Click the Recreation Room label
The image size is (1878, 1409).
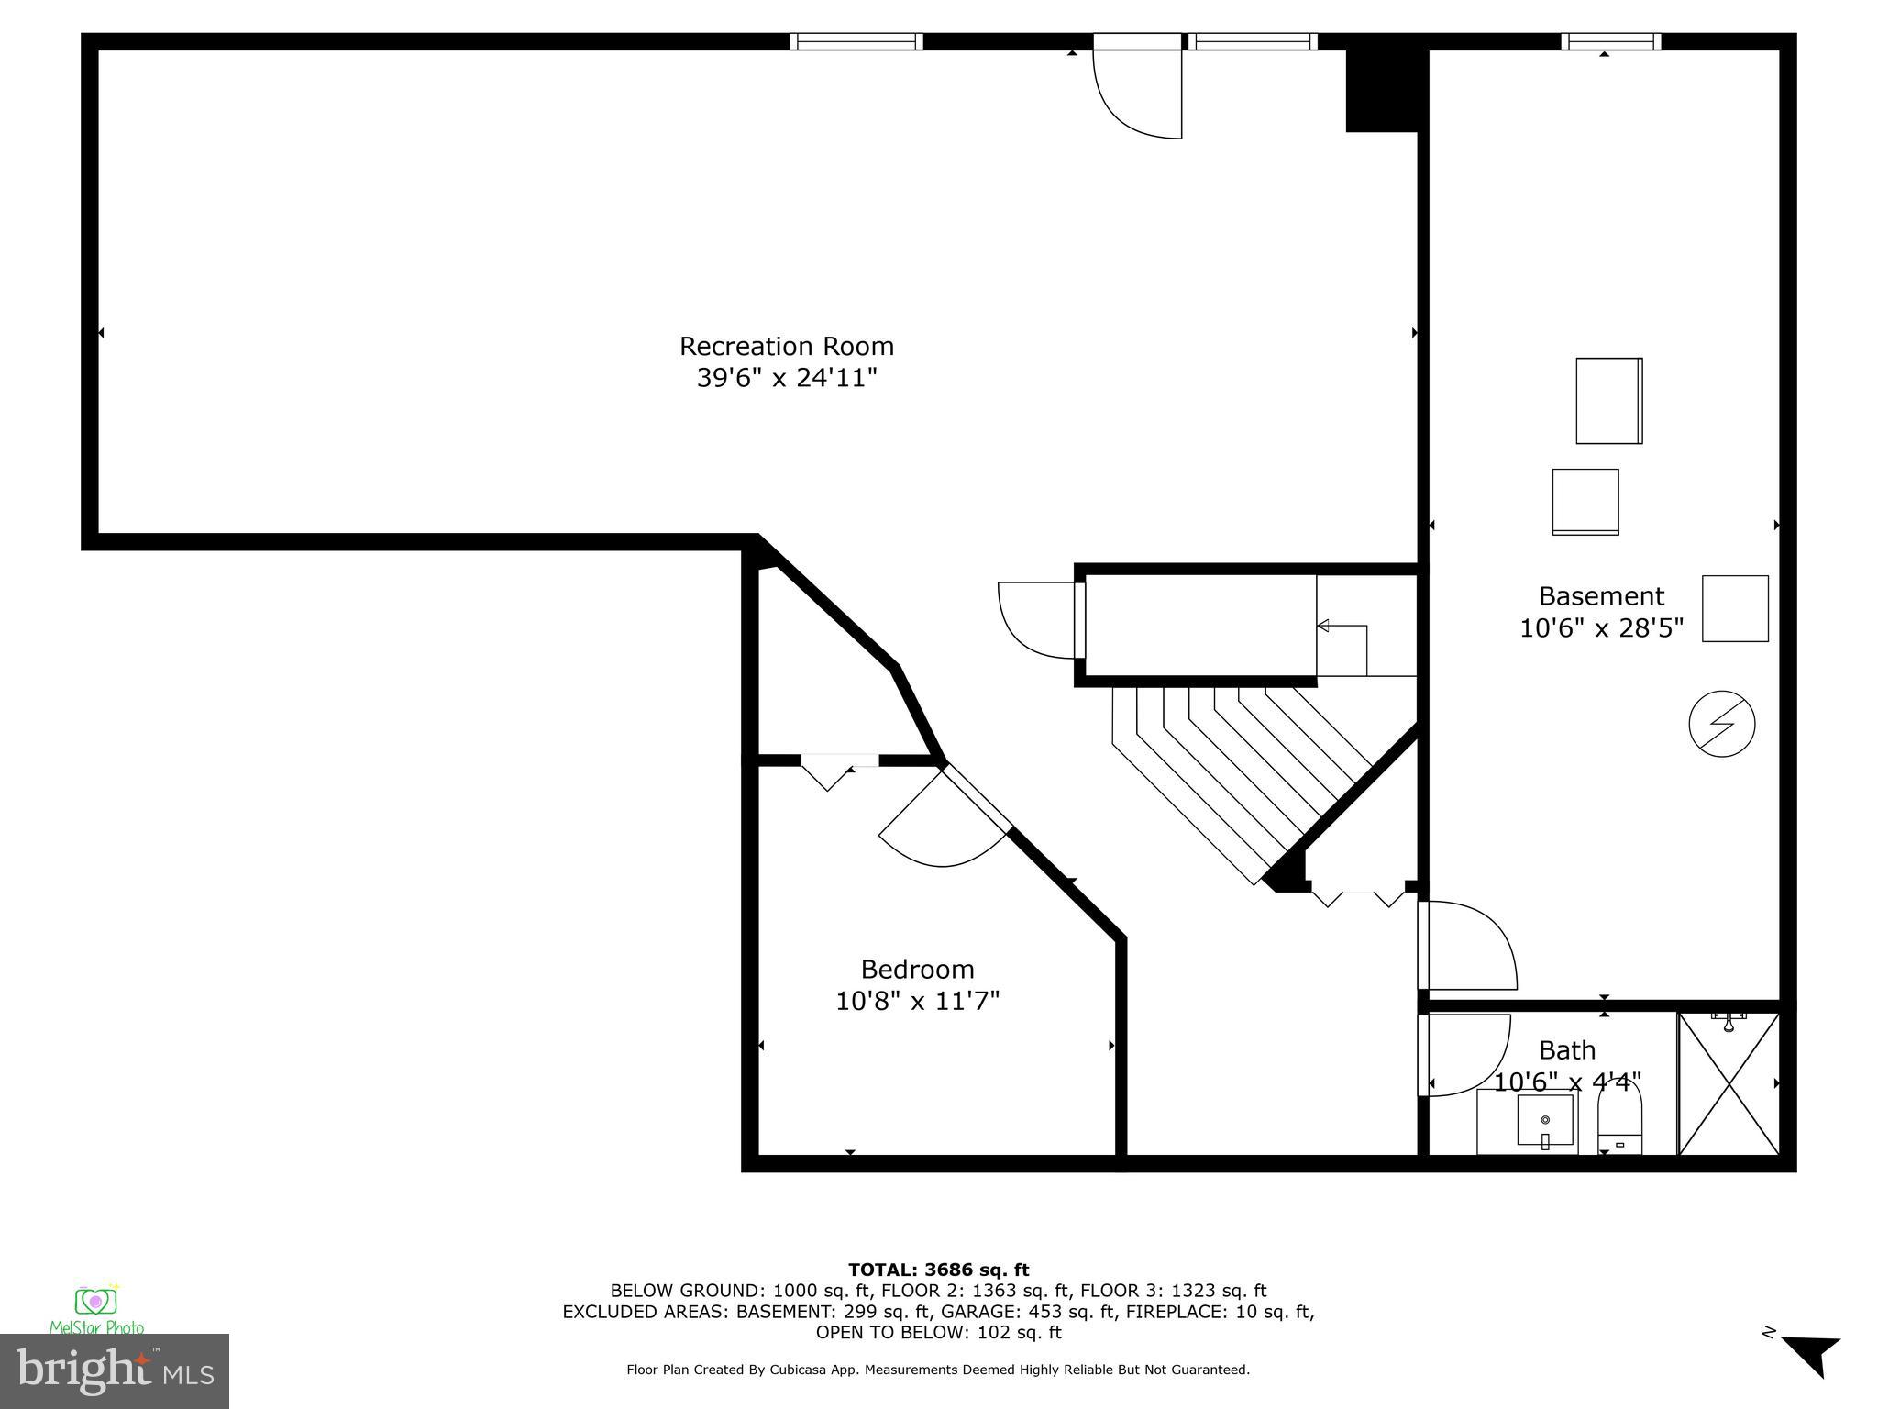pos(786,346)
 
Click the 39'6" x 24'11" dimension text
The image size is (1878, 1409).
pos(786,378)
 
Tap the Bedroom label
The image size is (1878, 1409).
pos(917,969)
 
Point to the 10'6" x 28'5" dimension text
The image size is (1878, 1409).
pos(1601,628)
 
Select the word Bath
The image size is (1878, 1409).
pos(1567,1049)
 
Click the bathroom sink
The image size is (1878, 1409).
pos(1544,1122)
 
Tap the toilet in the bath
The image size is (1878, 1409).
pos(1620,1120)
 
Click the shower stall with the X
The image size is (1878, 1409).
pos(1729,1083)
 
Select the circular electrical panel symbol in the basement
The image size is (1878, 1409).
pos(1721,724)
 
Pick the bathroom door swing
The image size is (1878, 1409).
pos(1464,1054)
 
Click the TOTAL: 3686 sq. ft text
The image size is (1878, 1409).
pos(938,1270)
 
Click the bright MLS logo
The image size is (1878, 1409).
pos(115,1371)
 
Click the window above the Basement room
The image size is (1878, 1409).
pos(1611,41)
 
